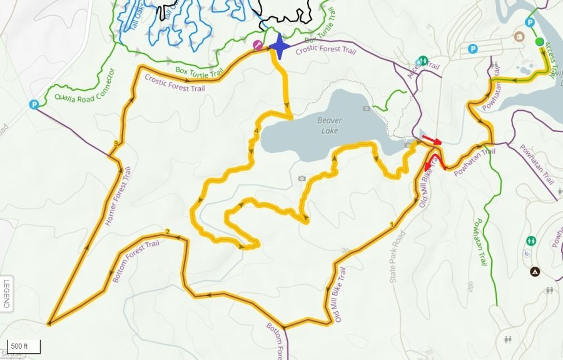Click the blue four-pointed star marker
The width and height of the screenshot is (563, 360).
[278, 47]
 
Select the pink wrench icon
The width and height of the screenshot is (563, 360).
[256, 44]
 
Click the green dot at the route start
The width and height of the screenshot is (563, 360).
[540, 42]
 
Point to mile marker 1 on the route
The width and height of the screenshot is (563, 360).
[392, 224]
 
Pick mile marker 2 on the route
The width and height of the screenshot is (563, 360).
[168, 233]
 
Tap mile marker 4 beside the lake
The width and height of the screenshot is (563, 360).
[256, 131]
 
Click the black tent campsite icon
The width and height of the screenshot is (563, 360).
[535, 272]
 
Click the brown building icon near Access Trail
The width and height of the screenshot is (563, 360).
[519, 36]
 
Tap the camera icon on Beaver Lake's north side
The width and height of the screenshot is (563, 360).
[366, 108]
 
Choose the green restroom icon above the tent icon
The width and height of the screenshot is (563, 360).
[531, 240]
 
